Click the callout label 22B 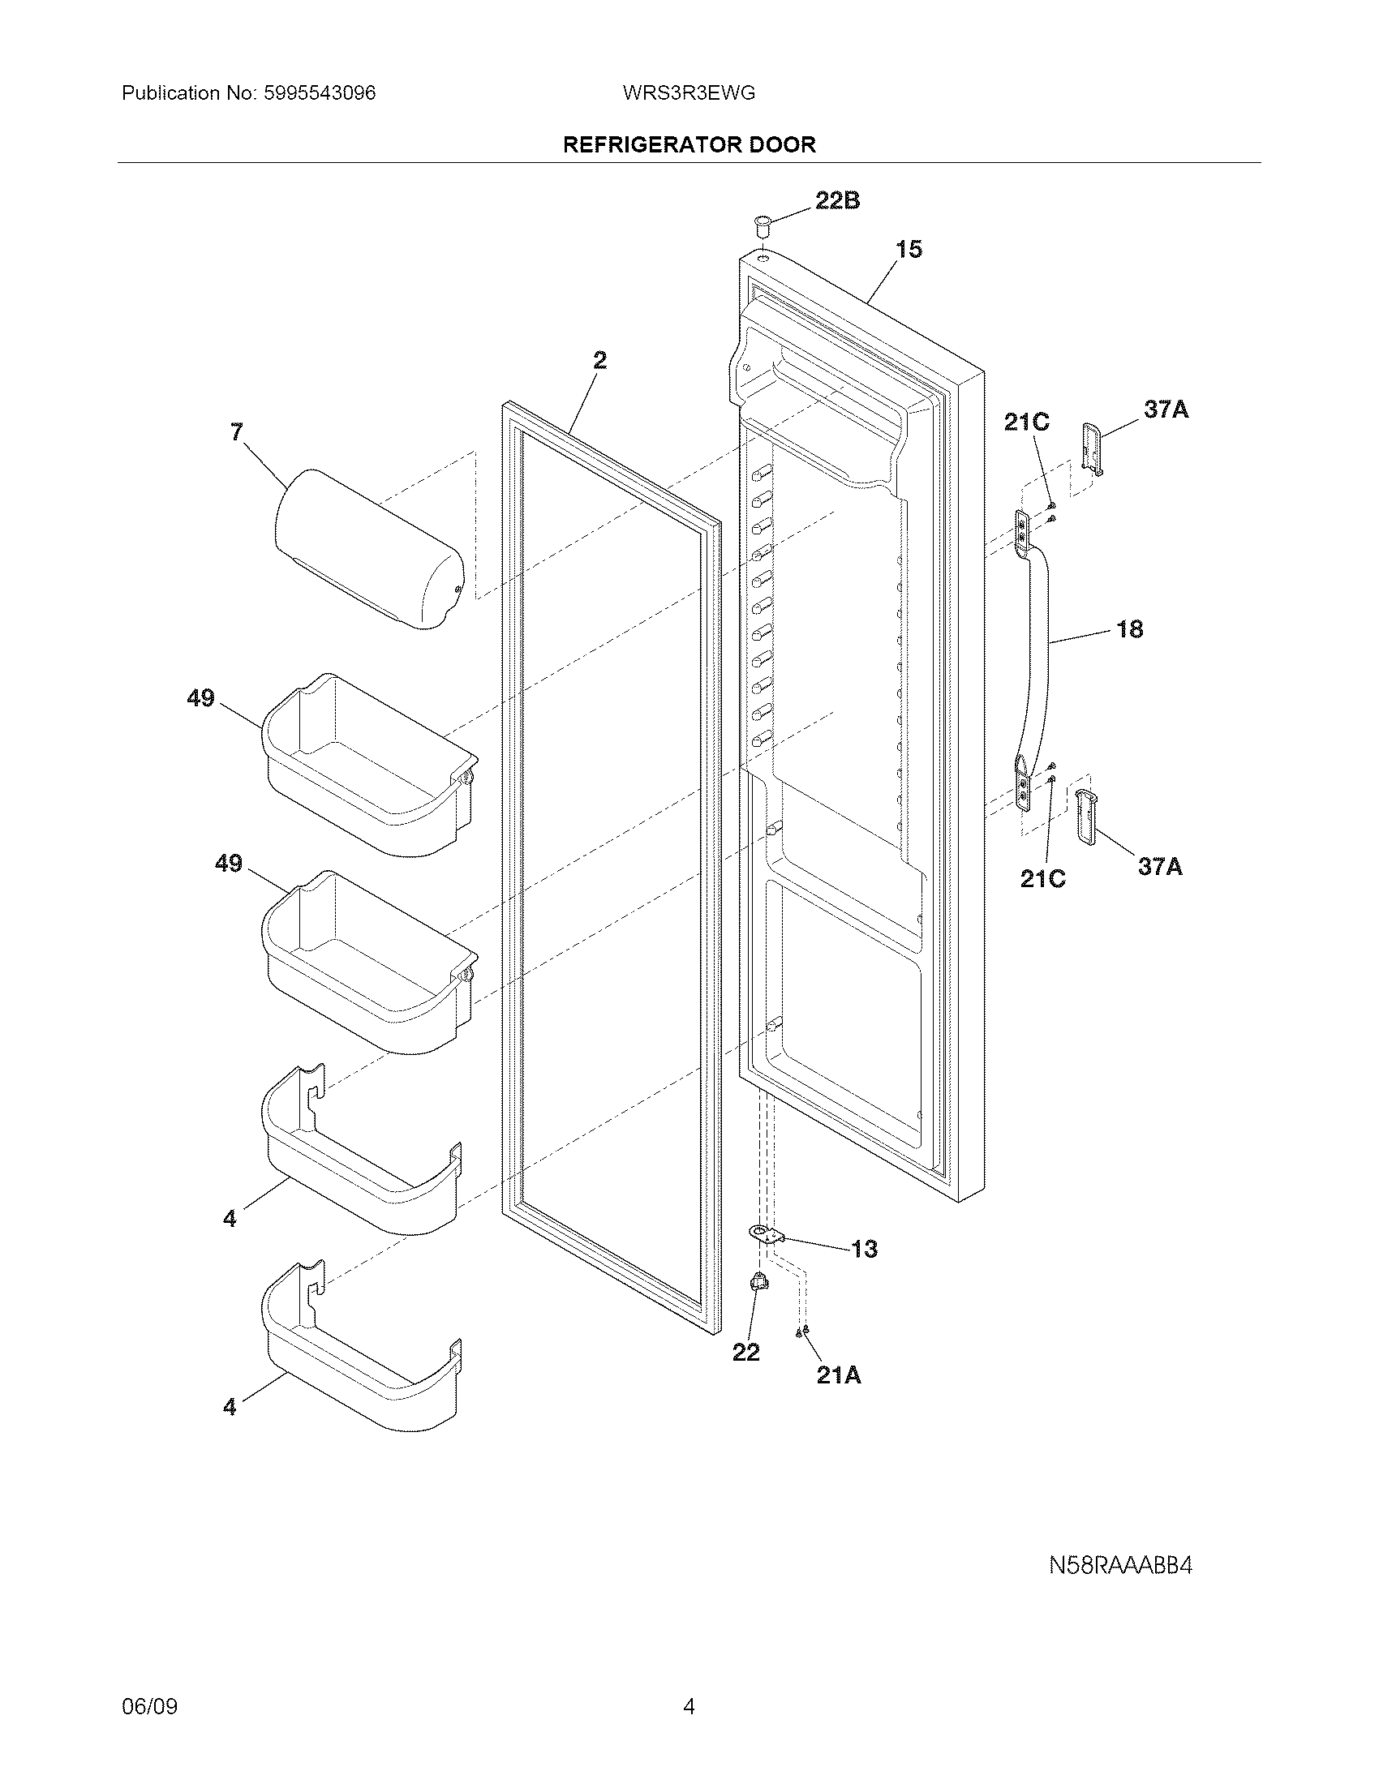837,200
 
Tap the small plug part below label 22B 763,224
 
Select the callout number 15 909,249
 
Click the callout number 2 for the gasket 599,360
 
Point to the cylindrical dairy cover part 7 367,549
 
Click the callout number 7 236,432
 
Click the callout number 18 1129,629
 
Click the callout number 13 864,1249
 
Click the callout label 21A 839,1375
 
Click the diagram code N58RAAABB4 1120,1565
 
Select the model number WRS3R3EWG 689,93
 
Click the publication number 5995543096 320,93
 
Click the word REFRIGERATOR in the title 638,145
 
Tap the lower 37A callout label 1160,867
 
